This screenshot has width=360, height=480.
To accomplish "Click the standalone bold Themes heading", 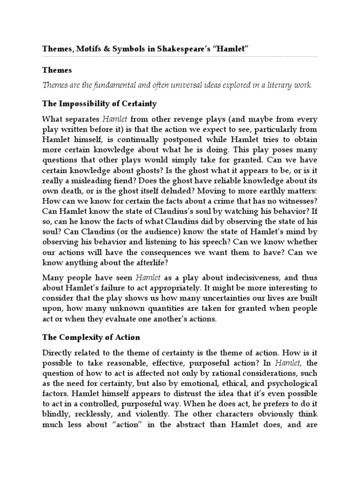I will (x=57, y=70).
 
